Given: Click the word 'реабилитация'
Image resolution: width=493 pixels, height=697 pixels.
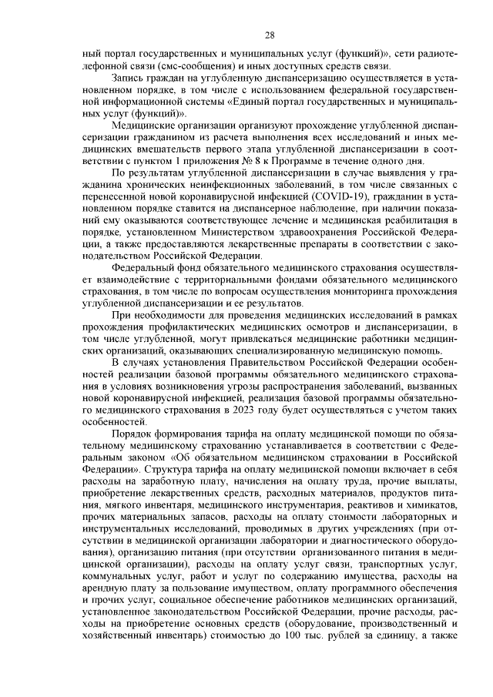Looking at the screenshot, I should [396, 218].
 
